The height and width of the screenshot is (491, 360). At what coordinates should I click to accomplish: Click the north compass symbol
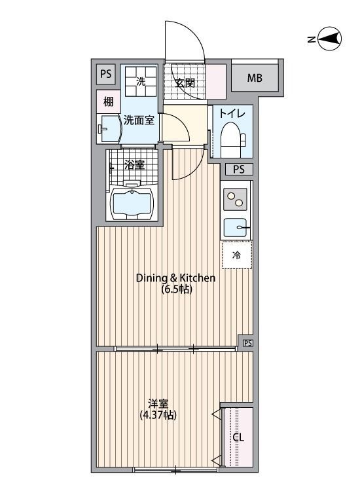point(329,39)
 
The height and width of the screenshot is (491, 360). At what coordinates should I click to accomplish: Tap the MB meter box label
point(254,78)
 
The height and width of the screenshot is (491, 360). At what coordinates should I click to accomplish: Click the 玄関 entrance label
point(185,83)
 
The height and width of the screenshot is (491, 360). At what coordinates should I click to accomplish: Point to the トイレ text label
point(232,113)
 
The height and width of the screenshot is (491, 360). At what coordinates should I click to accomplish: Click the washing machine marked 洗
point(141,81)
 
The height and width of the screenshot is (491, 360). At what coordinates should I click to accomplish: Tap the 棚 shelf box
point(108,101)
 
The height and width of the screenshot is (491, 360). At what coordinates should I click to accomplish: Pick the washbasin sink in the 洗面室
point(108,129)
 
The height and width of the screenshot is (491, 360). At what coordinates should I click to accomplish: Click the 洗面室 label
point(139,120)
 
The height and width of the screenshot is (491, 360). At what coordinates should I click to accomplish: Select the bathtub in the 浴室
point(132,202)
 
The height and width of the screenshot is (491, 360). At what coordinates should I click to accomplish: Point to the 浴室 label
point(134,165)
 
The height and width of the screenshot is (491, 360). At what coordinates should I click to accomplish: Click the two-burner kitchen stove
point(236,200)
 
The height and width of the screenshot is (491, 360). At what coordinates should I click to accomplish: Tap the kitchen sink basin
point(237,227)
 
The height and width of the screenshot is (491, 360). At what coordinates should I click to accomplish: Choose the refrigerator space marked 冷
point(237,255)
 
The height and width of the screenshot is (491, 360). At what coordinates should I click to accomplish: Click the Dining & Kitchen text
point(175,278)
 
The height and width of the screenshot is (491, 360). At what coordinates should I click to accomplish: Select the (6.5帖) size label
point(176,289)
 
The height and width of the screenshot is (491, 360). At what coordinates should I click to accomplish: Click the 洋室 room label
point(158,404)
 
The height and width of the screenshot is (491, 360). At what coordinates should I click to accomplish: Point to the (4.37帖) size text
point(158,415)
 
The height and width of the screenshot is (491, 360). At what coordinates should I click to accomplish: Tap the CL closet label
point(238,437)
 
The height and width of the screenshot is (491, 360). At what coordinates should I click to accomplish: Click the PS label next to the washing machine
point(106,74)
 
